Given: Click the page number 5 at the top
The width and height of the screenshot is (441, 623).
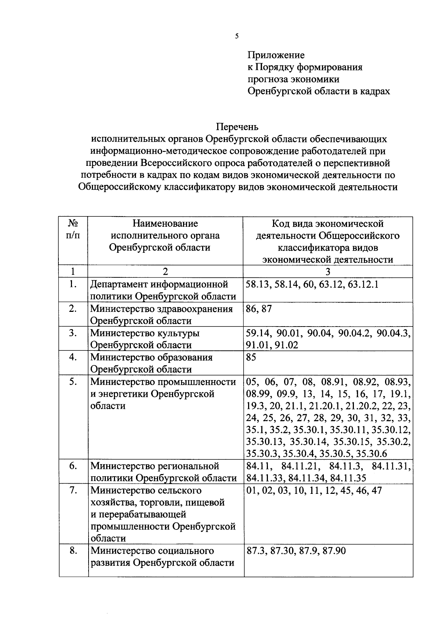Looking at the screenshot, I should [237, 36].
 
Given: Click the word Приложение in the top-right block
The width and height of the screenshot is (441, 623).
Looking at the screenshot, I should [276, 55].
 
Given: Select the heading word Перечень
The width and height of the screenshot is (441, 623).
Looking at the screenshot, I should [237, 127].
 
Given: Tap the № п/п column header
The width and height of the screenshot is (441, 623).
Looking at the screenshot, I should [73, 229].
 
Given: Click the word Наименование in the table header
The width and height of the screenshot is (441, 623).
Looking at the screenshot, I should [165, 223].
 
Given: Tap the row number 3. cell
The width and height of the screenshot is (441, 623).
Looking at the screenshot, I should [73, 333].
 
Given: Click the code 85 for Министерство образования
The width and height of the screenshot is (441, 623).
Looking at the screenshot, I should [251, 357].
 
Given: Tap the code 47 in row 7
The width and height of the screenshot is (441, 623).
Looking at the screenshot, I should [377, 491].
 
